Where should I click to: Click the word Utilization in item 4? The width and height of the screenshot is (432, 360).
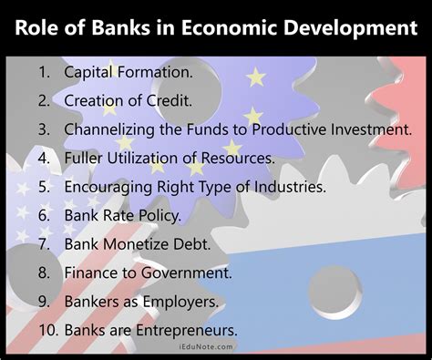[149, 158]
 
